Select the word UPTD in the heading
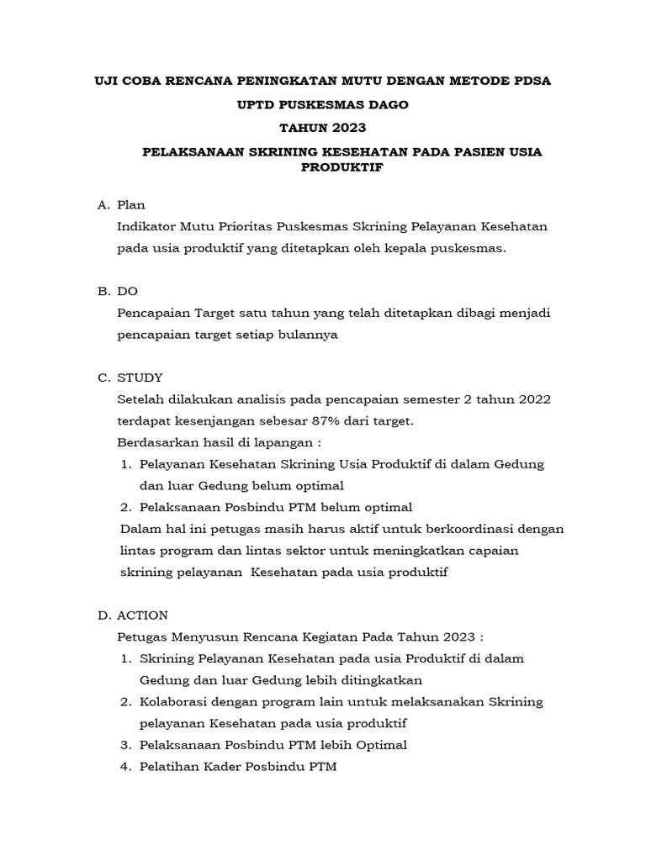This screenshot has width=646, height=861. coord(260,105)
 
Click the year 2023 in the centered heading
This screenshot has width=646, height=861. coord(345,128)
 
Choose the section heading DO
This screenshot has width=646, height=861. coord(128,291)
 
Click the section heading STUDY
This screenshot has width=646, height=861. coord(140,377)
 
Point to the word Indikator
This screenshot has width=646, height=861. coord(149,227)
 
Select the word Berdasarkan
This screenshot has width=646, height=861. coord(157,442)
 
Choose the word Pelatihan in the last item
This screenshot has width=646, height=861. coord(168,767)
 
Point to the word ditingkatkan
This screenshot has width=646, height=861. coord(373,679)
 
